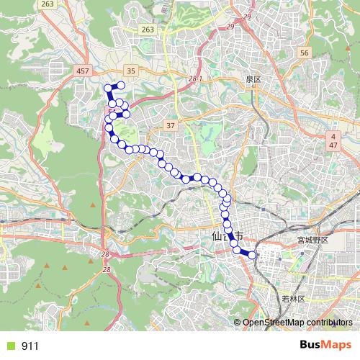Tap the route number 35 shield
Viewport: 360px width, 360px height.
pyautogui.click(x=130, y=71)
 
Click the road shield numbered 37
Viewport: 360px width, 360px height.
pyautogui.click(x=170, y=125)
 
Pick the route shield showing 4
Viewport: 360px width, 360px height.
pyautogui.click(x=333, y=136)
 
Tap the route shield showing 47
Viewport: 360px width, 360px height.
pyautogui.click(x=333, y=145)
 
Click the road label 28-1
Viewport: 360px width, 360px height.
pyautogui.click(x=195, y=77)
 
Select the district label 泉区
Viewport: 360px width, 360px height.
pyautogui.click(x=253, y=78)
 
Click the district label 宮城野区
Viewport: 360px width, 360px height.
pyautogui.click(x=312, y=240)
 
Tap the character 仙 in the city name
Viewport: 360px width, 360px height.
pyautogui.click(x=217, y=235)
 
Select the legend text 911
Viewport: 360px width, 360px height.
pyautogui.click(x=30, y=346)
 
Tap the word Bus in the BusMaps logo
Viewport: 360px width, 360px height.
pyautogui.click(x=311, y=345)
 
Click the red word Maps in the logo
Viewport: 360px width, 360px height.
pyautogui.click(x=338, y=345)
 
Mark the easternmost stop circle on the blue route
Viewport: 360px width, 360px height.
pyautogui.click(x=252, y=254)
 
